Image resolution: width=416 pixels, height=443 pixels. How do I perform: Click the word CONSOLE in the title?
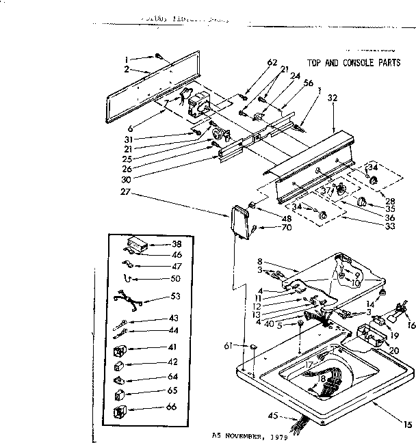[348, 61]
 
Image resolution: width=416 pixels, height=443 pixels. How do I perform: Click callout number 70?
[268, 227]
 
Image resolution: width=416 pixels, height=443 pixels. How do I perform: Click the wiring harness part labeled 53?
[129, 299]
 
